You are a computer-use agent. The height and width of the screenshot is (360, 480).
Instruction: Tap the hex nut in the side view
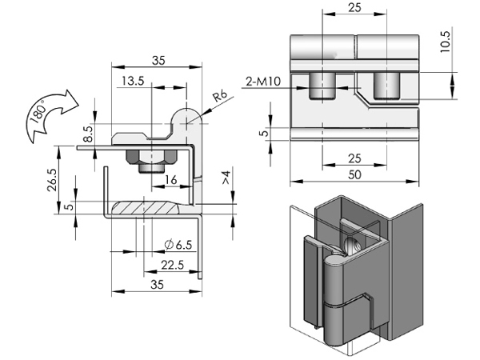coord(150,156)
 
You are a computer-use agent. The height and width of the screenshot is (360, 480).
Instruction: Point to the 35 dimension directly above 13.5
coord(157,59)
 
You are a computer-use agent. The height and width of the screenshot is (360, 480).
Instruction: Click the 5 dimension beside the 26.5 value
coord(69,206)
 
